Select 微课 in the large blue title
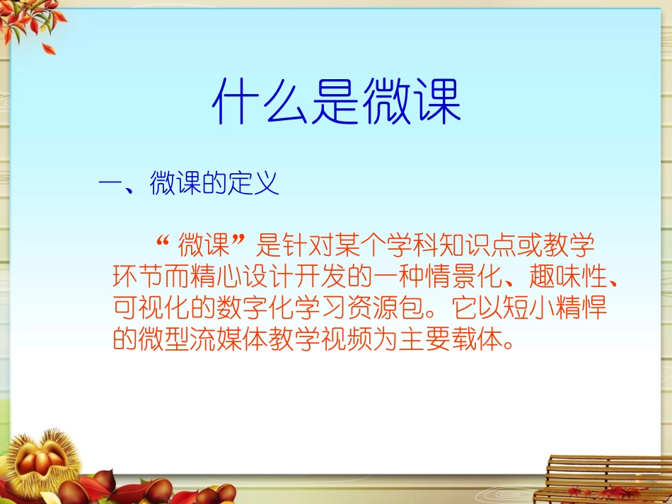click(412, 103)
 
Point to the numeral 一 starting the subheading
click(111, 186)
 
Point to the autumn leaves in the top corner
click(28, 21)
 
